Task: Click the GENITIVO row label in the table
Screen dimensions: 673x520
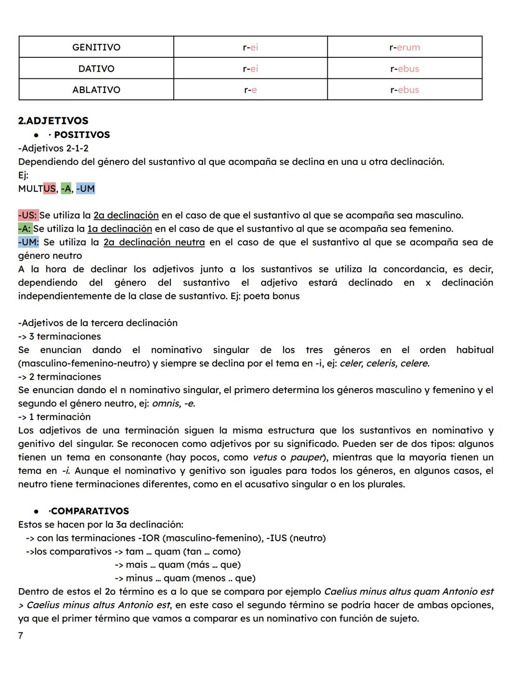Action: coord(96,47)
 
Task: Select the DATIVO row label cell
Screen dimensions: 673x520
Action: coord(96,69)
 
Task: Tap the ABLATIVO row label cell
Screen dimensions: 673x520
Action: coord(96,90)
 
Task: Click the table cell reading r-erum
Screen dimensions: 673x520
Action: coord(404,47)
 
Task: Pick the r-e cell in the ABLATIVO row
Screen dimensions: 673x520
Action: coord(250,90)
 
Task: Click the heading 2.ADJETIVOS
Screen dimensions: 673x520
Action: coord(53,121)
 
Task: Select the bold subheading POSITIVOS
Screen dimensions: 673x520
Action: coord(82,135)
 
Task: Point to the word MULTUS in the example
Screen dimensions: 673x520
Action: coord(37,189)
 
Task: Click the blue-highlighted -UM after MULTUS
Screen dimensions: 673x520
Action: coord(86,189)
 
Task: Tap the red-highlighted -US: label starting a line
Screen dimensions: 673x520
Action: coord(28,215)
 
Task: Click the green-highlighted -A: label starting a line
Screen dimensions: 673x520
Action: coord(25,229)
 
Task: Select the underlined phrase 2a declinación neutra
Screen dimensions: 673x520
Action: coord(154,242)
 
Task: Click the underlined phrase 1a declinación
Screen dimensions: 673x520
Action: coord(119,229)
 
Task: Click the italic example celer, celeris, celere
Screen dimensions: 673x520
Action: coord(384,364)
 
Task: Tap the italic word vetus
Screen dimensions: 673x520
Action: coord(264,457)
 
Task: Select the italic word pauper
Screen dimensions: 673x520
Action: coord(306,457)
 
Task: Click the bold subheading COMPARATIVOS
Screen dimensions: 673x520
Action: coord(90,511)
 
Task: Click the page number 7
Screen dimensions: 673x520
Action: coord(21,636)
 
